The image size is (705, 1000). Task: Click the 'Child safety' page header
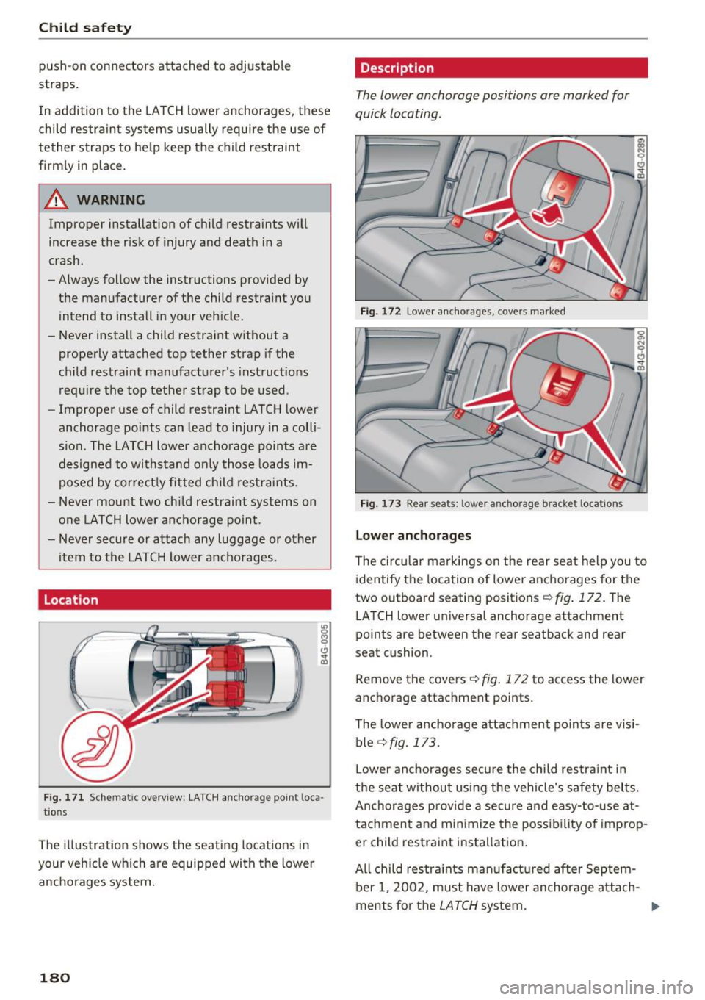tap(85, 28)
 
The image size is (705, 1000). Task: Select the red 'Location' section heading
tap(70, 600)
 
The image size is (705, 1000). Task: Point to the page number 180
tap(54, 977)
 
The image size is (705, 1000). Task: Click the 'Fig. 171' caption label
tap(63, 797)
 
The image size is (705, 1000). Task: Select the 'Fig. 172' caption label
tap(380, 312)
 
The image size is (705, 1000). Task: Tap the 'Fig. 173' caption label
tap(380, 504)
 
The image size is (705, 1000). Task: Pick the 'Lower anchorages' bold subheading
tap(413, 536)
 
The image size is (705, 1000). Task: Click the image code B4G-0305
tap(324, 644)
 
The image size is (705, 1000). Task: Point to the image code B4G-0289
tap(641, 157)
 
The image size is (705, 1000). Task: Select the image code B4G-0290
tap(641, 350)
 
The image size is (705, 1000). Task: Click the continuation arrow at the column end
tap(655, 907)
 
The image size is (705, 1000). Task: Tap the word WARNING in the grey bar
tap(110, 200)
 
